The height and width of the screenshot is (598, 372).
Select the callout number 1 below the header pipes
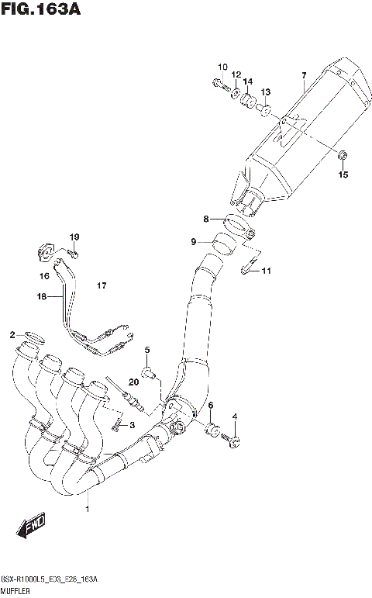88,509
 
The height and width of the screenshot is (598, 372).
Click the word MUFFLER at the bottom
17,590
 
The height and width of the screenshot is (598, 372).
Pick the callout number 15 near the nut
343,175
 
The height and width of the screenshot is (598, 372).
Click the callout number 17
101,286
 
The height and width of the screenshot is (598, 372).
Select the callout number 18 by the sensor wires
41,296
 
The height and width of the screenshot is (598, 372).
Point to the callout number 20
134,381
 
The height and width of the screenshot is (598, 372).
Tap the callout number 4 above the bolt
236,417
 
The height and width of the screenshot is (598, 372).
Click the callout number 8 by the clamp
206,219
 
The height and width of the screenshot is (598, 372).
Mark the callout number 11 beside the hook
266,271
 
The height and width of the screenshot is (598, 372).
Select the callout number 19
74,237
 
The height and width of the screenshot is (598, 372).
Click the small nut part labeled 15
342,159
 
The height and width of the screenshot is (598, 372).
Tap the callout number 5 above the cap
146,350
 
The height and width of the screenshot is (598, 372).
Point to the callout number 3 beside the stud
132,424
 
